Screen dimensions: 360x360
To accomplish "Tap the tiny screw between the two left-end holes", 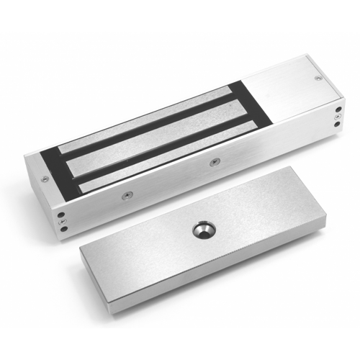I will point(61,222).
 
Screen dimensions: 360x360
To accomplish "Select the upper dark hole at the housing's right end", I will point(338,112).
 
